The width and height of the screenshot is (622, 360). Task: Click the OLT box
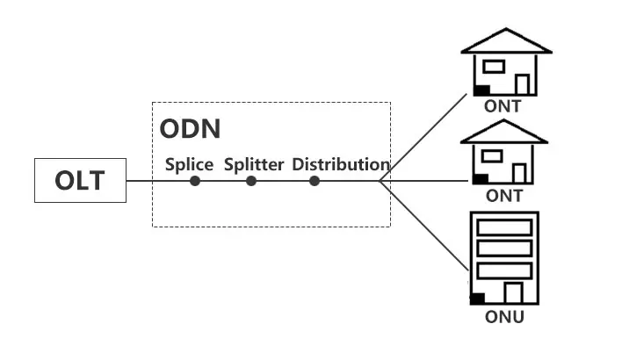click(80, 181)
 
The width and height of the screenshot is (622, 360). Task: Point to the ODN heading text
click(190, 128)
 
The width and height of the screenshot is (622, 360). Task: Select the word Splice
click(190, 164)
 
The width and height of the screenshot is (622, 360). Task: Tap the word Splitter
click(253, 164)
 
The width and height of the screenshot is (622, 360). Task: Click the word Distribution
click(341, 164)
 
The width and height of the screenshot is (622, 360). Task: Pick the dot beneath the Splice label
click(195, 181)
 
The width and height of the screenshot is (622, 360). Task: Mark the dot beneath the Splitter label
click(251, 181)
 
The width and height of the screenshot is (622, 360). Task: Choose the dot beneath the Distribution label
click(315, 181)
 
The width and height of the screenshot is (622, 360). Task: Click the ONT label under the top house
click(503, 106)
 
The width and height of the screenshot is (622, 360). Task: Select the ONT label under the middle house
click(503, 196)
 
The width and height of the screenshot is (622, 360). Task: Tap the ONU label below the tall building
click(504, 316)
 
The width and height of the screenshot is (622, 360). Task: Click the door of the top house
click(523, 84)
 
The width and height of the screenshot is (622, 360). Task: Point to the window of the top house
click(494, 66)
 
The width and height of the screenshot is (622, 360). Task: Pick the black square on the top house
click(481, 90)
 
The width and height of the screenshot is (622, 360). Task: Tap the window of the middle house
click(494, 155)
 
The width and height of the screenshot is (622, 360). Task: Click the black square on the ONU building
click(477, 298)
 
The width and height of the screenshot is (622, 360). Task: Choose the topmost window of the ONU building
click(504, 226)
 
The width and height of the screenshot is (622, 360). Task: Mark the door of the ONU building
click(514, 292)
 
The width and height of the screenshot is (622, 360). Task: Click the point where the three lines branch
click(380, 181)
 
